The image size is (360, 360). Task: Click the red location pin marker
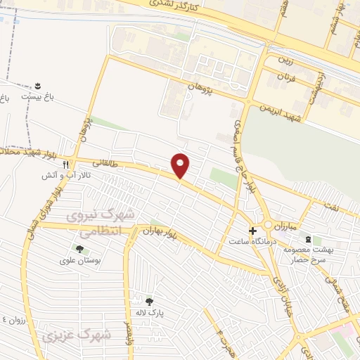181,165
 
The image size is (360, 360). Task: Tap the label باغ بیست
37,95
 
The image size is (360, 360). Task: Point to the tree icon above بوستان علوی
79,248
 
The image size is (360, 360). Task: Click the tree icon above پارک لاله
148,301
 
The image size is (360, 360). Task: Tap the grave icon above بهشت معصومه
307,240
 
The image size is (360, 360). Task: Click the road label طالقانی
98,162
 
